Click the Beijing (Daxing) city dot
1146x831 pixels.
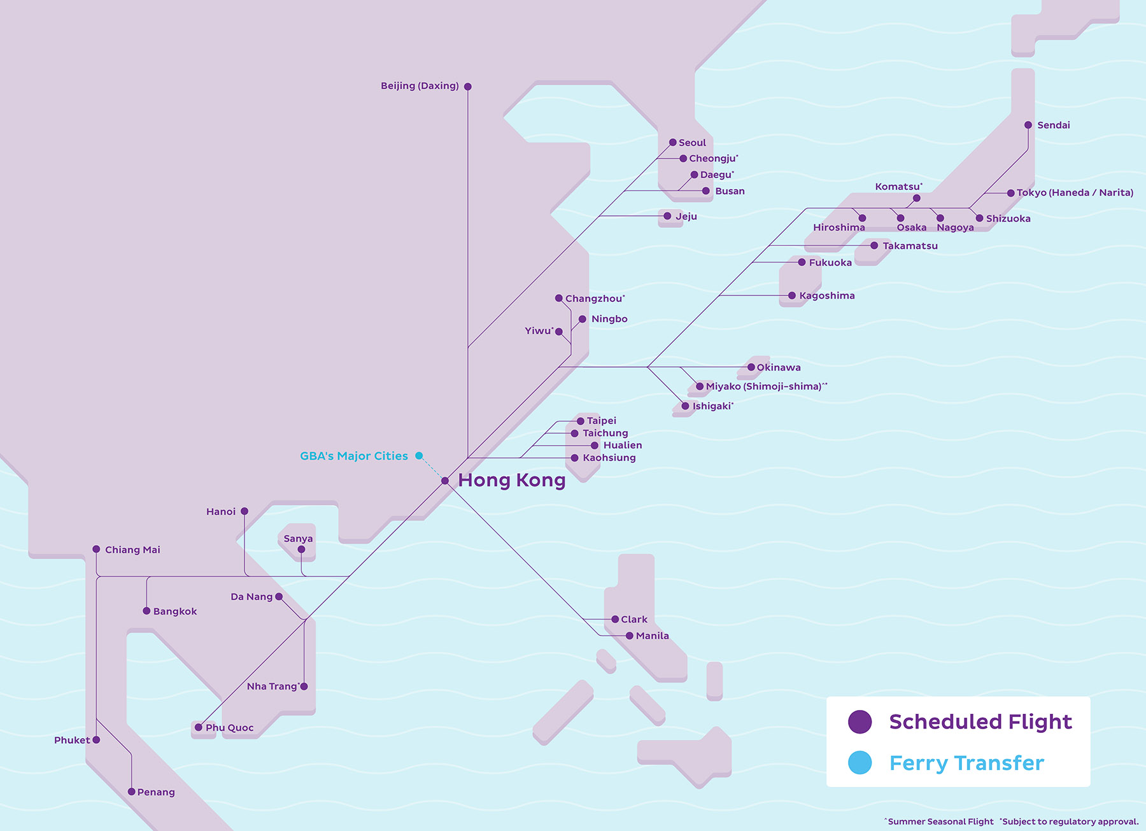click(468, 87)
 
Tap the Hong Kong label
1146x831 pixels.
click(511, 480)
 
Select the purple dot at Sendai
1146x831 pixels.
click(1028, 125)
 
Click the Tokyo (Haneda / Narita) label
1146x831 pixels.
click(1075, 193)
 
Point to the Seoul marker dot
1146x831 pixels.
click(673, 143)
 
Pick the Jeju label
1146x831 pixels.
click(686, 217)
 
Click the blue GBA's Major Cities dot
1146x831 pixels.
click(419, 456)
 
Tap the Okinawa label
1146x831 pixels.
click(779, 367)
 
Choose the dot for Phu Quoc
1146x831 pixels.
click(199, 727)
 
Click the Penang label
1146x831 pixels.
click(156, 792)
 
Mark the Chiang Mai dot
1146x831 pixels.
click(96, 549)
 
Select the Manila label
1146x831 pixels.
click(652, 636)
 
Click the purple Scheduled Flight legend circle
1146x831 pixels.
click(860, 721)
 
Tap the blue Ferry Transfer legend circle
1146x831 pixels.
click(860, 763)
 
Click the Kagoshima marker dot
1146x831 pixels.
click(792, 295)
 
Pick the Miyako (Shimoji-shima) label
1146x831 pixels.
click(763, 387)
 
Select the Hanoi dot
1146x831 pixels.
click(244, 511)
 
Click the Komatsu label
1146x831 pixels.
click(898, 187)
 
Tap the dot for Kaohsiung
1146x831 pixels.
click(575, 458)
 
